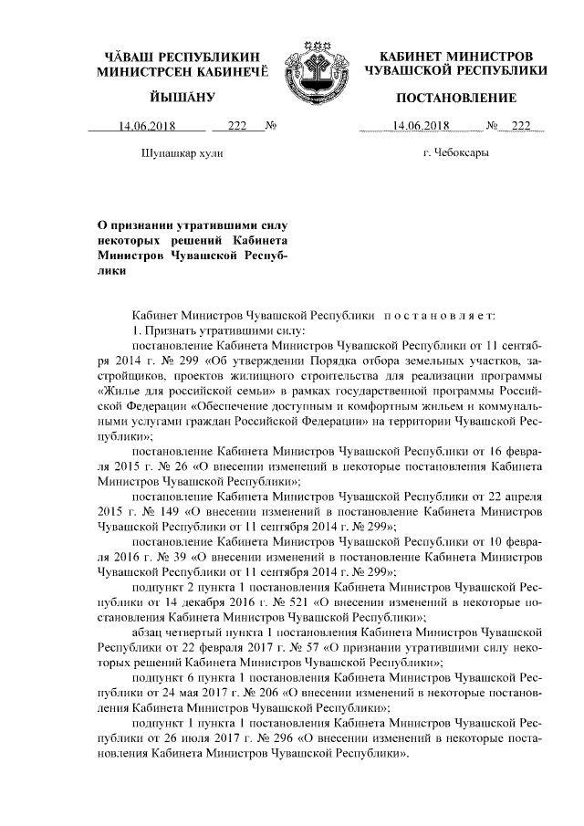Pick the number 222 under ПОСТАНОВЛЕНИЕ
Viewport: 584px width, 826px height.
click(x=522, y=126)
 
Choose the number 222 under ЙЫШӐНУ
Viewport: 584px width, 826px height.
click(x=238, y=126)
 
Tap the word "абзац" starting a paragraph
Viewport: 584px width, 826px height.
click(x=150, y=632)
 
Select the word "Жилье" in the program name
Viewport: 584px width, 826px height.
click(x=120, y=391)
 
